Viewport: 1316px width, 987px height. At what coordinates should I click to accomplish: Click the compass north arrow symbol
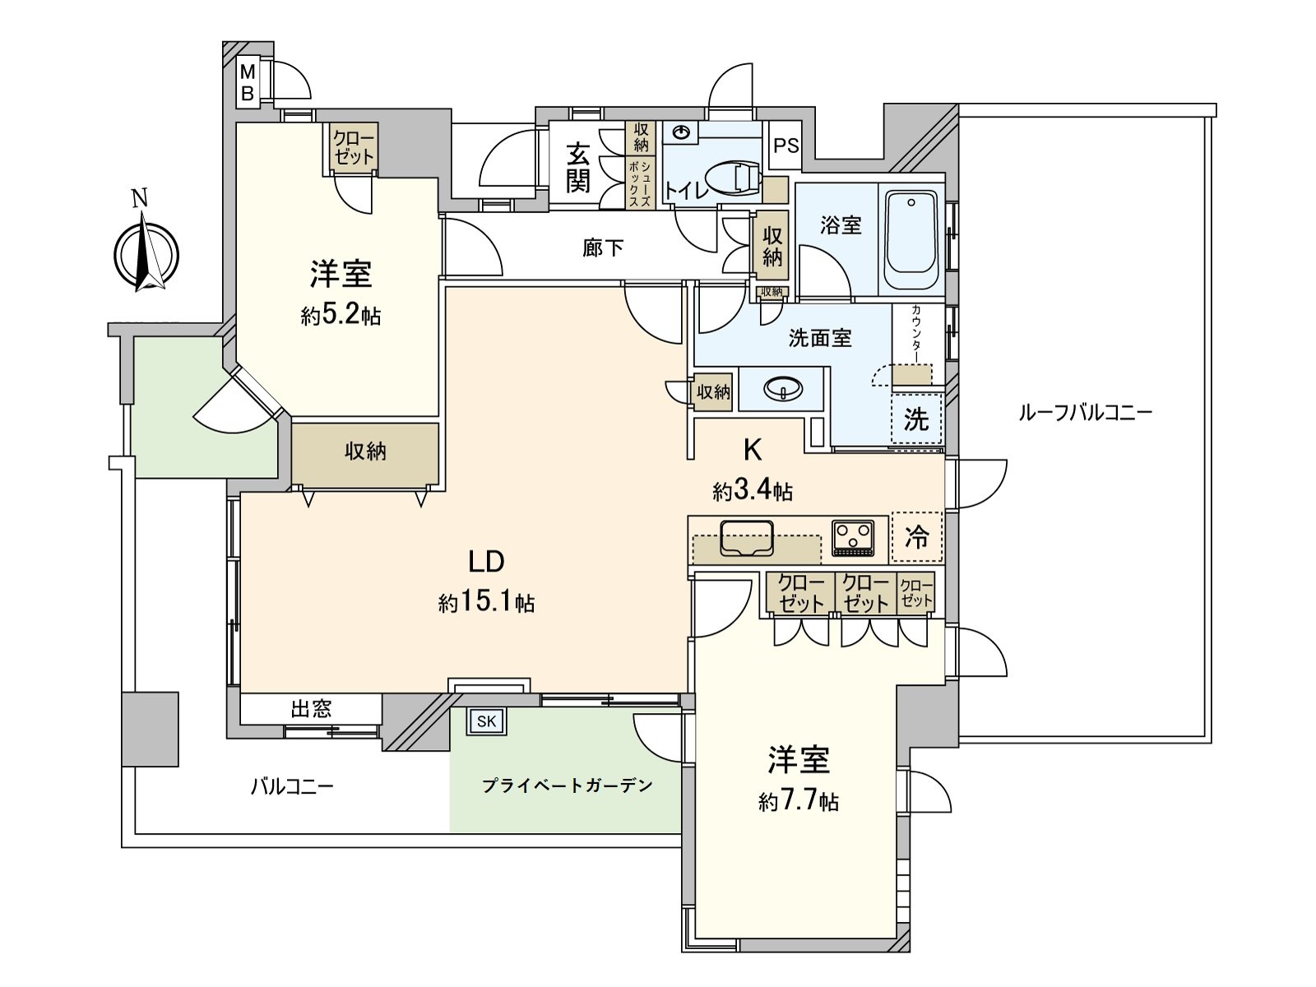[x=146, y=253]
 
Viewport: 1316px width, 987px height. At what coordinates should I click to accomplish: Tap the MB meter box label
[x=248, y=83]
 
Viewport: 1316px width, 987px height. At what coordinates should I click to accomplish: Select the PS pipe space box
[x=786, y=146]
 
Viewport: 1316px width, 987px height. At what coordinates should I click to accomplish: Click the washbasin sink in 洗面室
[x=782, y=388]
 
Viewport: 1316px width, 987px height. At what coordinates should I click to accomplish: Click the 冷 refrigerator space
[x=916, y=537]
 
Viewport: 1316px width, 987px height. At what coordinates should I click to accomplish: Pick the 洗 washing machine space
[x=915, y=419]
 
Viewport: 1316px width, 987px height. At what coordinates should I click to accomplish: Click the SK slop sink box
[x=486, y=721]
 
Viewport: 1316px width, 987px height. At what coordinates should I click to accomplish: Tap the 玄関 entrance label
[x=578, y=167]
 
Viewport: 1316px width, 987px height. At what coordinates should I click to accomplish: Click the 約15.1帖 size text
[x=486, y=603]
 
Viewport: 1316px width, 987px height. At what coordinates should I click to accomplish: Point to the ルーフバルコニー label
[x=1085, y=412]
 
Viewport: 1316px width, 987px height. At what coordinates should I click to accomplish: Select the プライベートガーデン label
[x=567, y=785]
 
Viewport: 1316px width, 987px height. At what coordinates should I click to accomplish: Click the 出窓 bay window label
[x=311, y=709]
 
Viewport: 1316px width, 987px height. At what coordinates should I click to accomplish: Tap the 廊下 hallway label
[x=603, y=248]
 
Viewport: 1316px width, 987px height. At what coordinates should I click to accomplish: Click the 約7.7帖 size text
[x=798, y=801]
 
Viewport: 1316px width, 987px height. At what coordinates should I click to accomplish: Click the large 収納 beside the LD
[x=365, y=451]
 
